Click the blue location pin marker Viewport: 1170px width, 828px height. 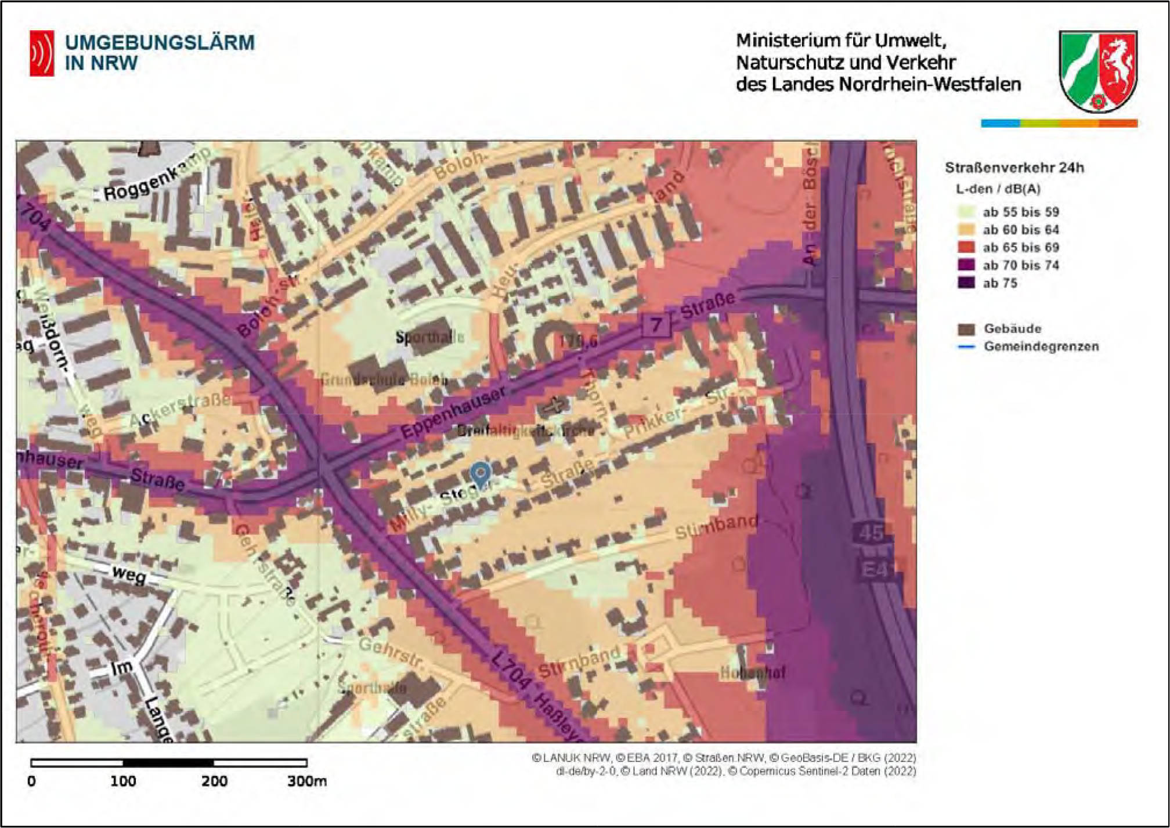click(481, 473)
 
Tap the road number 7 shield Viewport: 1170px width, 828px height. click(656, 324)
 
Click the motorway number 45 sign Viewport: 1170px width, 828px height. click(871, 532)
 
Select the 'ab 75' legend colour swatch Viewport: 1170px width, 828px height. click(966, 283)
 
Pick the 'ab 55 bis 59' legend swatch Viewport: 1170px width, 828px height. click(966, 212)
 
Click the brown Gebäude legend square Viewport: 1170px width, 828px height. click(966, 329)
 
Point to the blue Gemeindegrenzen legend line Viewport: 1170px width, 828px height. click(966, 347)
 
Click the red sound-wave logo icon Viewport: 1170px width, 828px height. click(42, 53)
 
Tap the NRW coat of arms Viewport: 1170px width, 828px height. click(1097, 71)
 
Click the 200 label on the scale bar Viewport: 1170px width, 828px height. click(214, 781)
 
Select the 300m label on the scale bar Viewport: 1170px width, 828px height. click(306, 781)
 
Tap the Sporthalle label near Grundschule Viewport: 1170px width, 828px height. click(429, 337)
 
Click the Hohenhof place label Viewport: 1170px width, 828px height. click(752, 673)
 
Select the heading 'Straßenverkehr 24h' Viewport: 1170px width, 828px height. click(1014, 168)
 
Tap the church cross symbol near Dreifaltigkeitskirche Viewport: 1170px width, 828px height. click(554, 405)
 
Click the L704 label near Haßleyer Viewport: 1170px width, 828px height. click(511, 670)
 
